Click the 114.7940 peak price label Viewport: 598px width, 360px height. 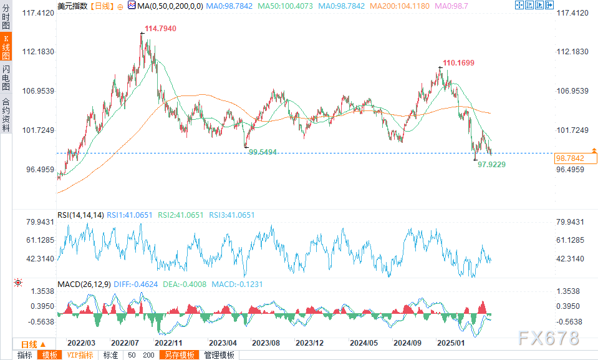tap(160, 29)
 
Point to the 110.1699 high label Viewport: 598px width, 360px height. tap(458, 63)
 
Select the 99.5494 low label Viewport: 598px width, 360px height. tap(263, 152)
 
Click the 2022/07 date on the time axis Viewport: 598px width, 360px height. tap(125, 343)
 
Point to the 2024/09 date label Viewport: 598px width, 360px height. tap(407, 343)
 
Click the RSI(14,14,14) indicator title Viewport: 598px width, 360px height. tap(80, 215)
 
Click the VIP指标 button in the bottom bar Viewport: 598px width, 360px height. tap(80, 355)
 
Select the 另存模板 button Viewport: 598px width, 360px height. tap(179, 355)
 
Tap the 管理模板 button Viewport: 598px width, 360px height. tap(219, 355)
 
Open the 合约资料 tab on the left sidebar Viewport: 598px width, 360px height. tap(6, 115)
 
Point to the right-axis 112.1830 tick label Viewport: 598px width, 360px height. tap(571, 52)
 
